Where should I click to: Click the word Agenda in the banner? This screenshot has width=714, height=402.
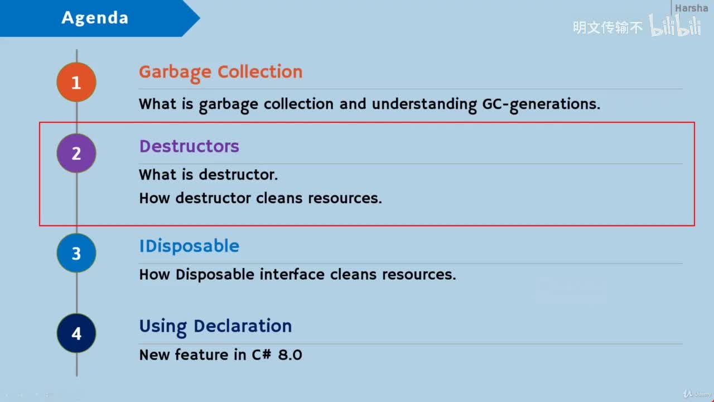click(95, 17)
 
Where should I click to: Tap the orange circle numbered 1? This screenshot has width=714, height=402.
click(76, 82)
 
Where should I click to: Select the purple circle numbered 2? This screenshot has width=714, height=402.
click(76, 153)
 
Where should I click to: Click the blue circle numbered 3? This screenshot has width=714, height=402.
click(76, 253)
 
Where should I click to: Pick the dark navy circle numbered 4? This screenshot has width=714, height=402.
click(76, 333)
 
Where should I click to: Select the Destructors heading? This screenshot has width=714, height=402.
click(189, 146)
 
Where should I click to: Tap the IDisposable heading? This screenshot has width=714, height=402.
click(189, 247)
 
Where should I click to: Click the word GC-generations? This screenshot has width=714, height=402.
click(541, 104)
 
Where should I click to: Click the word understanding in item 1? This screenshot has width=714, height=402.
click(424, 104)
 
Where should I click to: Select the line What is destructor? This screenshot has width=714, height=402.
click(209, 175)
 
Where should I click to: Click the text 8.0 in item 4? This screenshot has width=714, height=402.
click(290, 355)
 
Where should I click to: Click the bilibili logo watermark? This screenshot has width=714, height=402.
click(675, 26)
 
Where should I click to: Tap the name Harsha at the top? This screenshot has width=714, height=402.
click(691, 8)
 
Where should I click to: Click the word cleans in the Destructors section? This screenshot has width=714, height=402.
click(279, 198)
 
